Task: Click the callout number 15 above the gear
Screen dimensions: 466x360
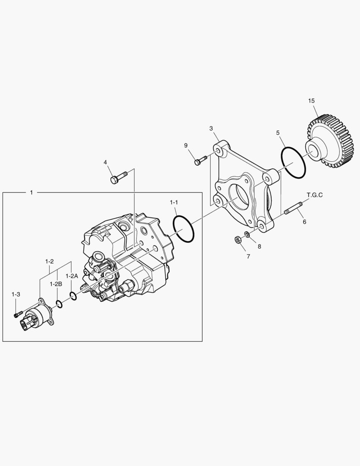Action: (x=311, y=101)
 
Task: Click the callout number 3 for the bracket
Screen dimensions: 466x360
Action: (x=211, y=128)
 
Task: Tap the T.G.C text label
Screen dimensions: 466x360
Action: (x=314, y=195)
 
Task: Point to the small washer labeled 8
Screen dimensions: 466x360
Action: (x=247, y=234)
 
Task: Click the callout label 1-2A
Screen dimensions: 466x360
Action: (x=72, y=276)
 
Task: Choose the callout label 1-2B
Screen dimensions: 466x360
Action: (x=56, y=284)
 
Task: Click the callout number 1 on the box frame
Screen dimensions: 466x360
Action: (x=31, y=192)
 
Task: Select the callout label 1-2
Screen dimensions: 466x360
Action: (x=50, y=261)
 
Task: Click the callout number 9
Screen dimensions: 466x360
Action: (x=186, y=145)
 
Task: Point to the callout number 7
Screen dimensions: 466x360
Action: (x=248, y=256)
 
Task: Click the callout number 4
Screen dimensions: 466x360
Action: (x=105, y=162)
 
